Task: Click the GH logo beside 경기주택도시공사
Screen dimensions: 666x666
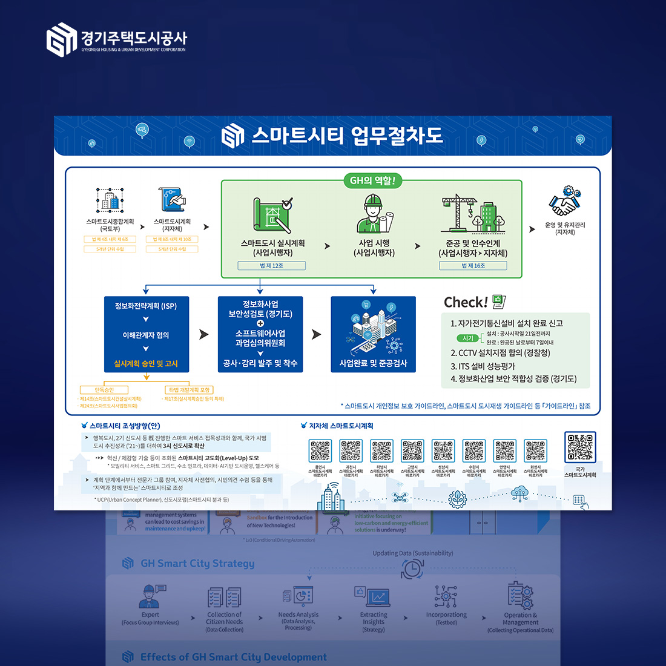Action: pyautogui.click(x=62, y=39)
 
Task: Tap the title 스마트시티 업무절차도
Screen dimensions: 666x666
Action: pyautogui.click(x=347, y=136)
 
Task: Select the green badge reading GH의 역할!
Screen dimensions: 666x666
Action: pyautogui.click(x=372, y=180)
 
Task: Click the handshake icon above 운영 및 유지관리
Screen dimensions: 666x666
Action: pyautogui.click(x=565, y=202)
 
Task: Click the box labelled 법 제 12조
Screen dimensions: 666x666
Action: pyautogui.click(x=271, y=266)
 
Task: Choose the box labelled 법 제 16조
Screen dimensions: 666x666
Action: pyautogui.click(x=473, y=266)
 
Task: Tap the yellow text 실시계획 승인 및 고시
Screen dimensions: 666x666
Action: pyautogui.click(x=146, y=364)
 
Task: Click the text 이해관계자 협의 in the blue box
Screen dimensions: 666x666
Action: pyautogui.click(x=146, y=335)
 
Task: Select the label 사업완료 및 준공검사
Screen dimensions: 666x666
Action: pyautogui.click(x=373, y=363)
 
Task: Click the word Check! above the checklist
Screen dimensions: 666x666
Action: pyautogui.click(x=466, y=303)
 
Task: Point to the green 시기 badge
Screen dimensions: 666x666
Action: pyautogui.click(x=468, y=338)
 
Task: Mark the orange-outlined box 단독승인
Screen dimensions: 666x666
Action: pyautogui.click(x=104, y=390)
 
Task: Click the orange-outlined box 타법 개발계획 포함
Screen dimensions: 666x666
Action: pyautogui.click(x=190, y=390)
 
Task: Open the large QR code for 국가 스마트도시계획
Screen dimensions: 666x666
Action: pyautogui.click(x=580, y=447)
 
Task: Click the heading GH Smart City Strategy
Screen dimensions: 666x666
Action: pyautogui.click(x=197, y=564)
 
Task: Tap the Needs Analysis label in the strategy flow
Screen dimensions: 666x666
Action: pyautogui.click(x=298, y=615)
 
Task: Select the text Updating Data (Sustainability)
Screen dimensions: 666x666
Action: pyautogui.click(x=413, y=553)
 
